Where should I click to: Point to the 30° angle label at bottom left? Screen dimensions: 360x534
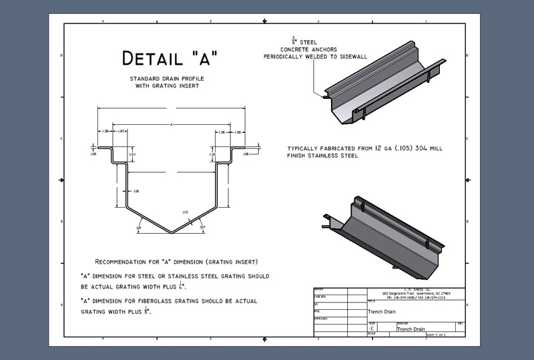tap(139, 228)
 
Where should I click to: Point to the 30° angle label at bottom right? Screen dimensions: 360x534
tap(202, 228)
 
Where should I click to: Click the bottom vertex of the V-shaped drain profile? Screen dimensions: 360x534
tap(171, 233)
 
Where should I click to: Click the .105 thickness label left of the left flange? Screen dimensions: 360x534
tap(92, 154)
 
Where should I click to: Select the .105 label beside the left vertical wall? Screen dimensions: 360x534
tap(136, 191)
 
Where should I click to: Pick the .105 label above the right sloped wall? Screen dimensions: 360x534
tap(185, 212)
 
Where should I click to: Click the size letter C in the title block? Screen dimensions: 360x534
tap(372, 329)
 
